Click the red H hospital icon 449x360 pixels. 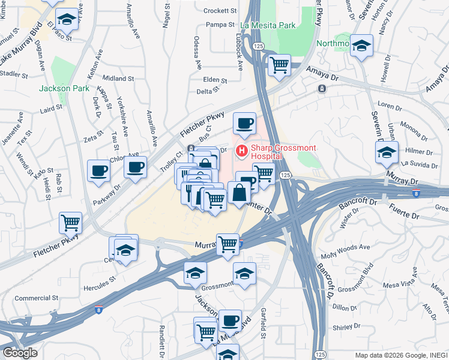coord(243,150)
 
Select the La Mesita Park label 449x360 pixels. coord(268,26)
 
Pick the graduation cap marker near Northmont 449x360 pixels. coord(361,46)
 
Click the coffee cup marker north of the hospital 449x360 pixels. coord(244,123)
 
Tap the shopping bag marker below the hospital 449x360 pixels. coord(239,192)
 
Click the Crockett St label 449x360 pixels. coord(220,11)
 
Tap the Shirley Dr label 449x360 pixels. coord(346,328)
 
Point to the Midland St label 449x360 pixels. coord(118,79)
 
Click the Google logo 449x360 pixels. coord(19,353)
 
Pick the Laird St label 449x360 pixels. coord(51,109)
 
